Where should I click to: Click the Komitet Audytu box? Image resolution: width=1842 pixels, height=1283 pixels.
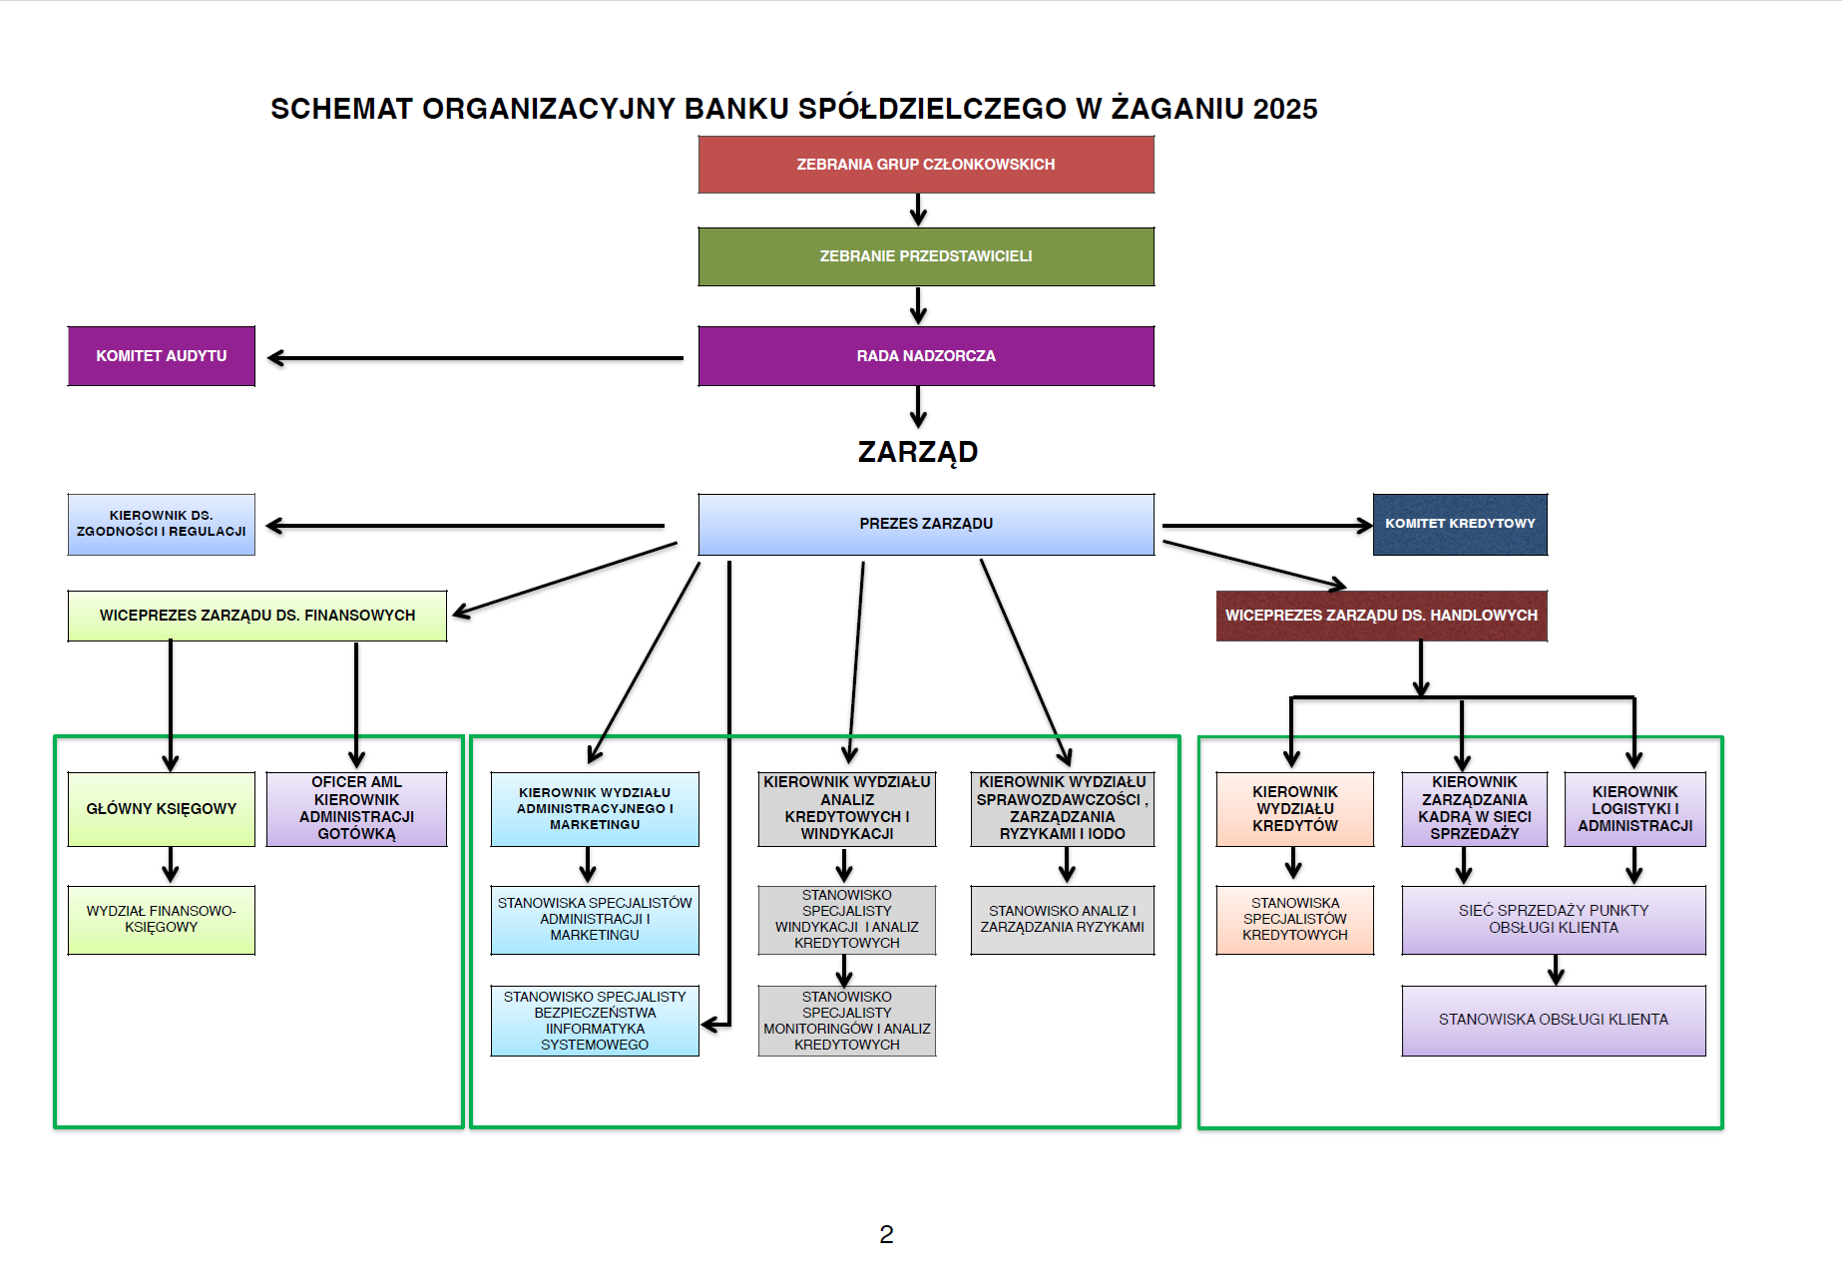[161, 356]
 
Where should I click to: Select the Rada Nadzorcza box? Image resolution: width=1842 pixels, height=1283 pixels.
[925, 356]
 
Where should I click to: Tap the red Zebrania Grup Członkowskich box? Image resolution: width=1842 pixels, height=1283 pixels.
[925, 165]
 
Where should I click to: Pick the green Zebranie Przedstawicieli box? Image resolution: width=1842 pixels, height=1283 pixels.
[925, 256]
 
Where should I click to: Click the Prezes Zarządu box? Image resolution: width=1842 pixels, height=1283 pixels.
[925, 524]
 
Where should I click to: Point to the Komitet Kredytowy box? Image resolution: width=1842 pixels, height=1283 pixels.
[1459, 524]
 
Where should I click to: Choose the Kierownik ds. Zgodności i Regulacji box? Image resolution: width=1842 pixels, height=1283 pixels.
[161, 524]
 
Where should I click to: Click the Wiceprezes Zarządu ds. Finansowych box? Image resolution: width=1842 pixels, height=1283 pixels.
[256, 616]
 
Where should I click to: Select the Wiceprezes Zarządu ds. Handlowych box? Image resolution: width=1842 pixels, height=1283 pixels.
[1381, 616]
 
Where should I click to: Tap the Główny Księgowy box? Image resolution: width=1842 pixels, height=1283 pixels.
[161, 809]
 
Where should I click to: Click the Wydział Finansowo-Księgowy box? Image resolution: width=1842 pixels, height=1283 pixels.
[161, 919]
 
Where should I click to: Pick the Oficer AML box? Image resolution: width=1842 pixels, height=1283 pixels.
[356, 809]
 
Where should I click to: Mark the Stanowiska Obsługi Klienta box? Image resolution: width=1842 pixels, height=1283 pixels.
[1553, 1020]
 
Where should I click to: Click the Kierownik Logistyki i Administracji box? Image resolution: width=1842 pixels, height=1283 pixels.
[1634, 809]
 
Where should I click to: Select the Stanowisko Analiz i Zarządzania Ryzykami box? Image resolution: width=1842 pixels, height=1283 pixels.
[1062, 919]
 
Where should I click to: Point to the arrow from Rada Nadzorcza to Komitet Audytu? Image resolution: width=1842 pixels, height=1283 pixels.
[474, 358]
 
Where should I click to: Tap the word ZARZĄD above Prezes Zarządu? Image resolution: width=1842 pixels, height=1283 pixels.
[917, 452]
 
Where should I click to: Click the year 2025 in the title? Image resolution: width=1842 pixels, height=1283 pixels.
[1285, 109]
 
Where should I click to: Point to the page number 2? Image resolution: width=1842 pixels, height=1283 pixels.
[886, 1235]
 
